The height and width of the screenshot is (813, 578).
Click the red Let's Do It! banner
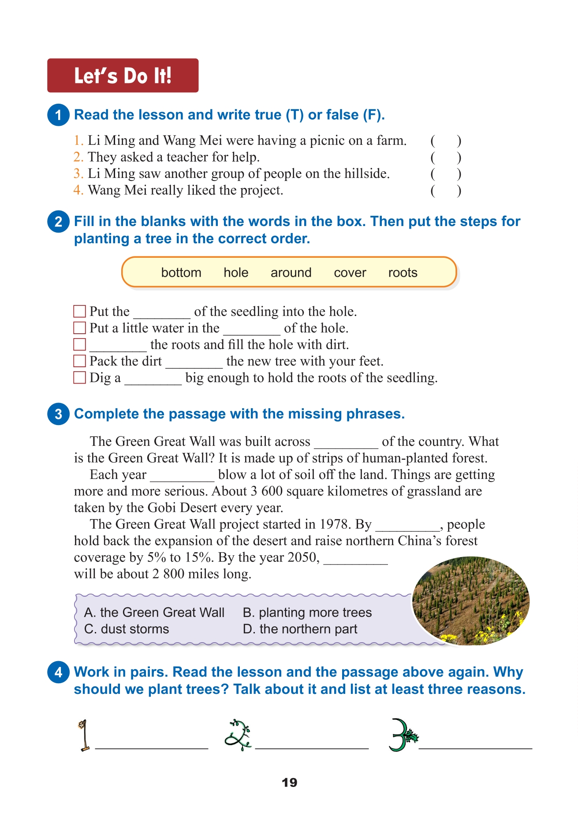click(x=123, y=75)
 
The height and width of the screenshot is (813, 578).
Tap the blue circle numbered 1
click(x=58, y=115)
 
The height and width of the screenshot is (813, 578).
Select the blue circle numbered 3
click(x=58, y=414)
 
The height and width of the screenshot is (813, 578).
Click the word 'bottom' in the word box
click(x=181, y=273)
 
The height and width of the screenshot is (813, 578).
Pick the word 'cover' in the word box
click(x=350, y=273)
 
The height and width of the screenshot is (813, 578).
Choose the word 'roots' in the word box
click(x=403, y=273)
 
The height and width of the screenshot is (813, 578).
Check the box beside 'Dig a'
click(x=79, y=378)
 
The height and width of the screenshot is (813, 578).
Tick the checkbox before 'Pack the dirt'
click(x=79, y=361)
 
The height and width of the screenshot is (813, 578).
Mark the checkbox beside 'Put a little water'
click(x=79, y=328)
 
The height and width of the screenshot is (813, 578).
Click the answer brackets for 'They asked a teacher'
click(x=446, y=158)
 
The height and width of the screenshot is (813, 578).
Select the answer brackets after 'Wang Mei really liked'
click(x=446, y=191)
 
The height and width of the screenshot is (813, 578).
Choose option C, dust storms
click(x=127, y=629)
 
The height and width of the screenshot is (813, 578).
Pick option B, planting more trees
click(x=307, y=613)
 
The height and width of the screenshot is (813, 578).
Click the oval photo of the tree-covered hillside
click(x=471, y=601)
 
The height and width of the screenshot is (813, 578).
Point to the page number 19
click(x=289, y=783)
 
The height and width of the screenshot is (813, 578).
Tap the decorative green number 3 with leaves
click(x=402, y=735)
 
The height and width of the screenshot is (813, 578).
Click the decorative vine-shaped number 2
click(x=238, y=735)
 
